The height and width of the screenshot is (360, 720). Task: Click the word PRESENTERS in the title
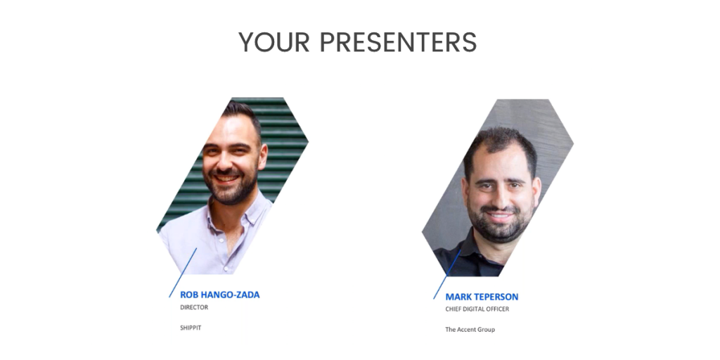pos(398,43)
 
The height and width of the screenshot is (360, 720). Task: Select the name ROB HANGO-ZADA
pos(219,295)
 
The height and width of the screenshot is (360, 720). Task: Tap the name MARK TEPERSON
pos(482,297)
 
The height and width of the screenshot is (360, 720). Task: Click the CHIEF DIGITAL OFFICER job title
pos(477,309)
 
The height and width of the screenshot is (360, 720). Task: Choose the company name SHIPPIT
pos(191,328)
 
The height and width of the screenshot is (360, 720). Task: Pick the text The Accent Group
pos(470,329)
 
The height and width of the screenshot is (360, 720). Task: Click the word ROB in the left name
pos(189,295)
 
